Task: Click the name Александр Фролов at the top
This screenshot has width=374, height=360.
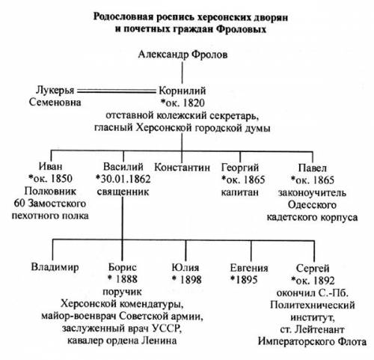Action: (x=183, y=55)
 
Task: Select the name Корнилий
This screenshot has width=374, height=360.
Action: (x=183, y=91)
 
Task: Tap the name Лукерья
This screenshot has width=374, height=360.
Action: (x=55, y=91)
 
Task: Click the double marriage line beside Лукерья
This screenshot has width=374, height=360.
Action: (x=116, y=91)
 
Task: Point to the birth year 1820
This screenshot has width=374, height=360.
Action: (x=193, y=103)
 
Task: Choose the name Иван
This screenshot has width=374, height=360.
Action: (x=51, y=166)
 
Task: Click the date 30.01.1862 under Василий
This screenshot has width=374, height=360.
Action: (x=126, y=179)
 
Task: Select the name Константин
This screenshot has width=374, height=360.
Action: (x=182, y=167)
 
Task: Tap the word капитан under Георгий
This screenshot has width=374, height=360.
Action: (x=239, y=192)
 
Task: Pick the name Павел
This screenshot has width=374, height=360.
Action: (x=313, y=168)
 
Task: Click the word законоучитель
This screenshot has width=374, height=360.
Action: (x=312, y=193)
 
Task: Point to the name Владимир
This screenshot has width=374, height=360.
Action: (x=55, y=267)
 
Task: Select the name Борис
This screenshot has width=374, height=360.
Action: (x=123, y=267)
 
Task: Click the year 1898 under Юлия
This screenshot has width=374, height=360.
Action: (x=191, y=280)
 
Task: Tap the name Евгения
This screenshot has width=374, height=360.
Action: (x=249, y=268)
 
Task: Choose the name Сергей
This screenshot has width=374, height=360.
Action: (x=313, y=269)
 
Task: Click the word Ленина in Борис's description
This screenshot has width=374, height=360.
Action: (x=159, y=341)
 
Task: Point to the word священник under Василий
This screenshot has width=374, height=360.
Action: (x=123, y=192)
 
